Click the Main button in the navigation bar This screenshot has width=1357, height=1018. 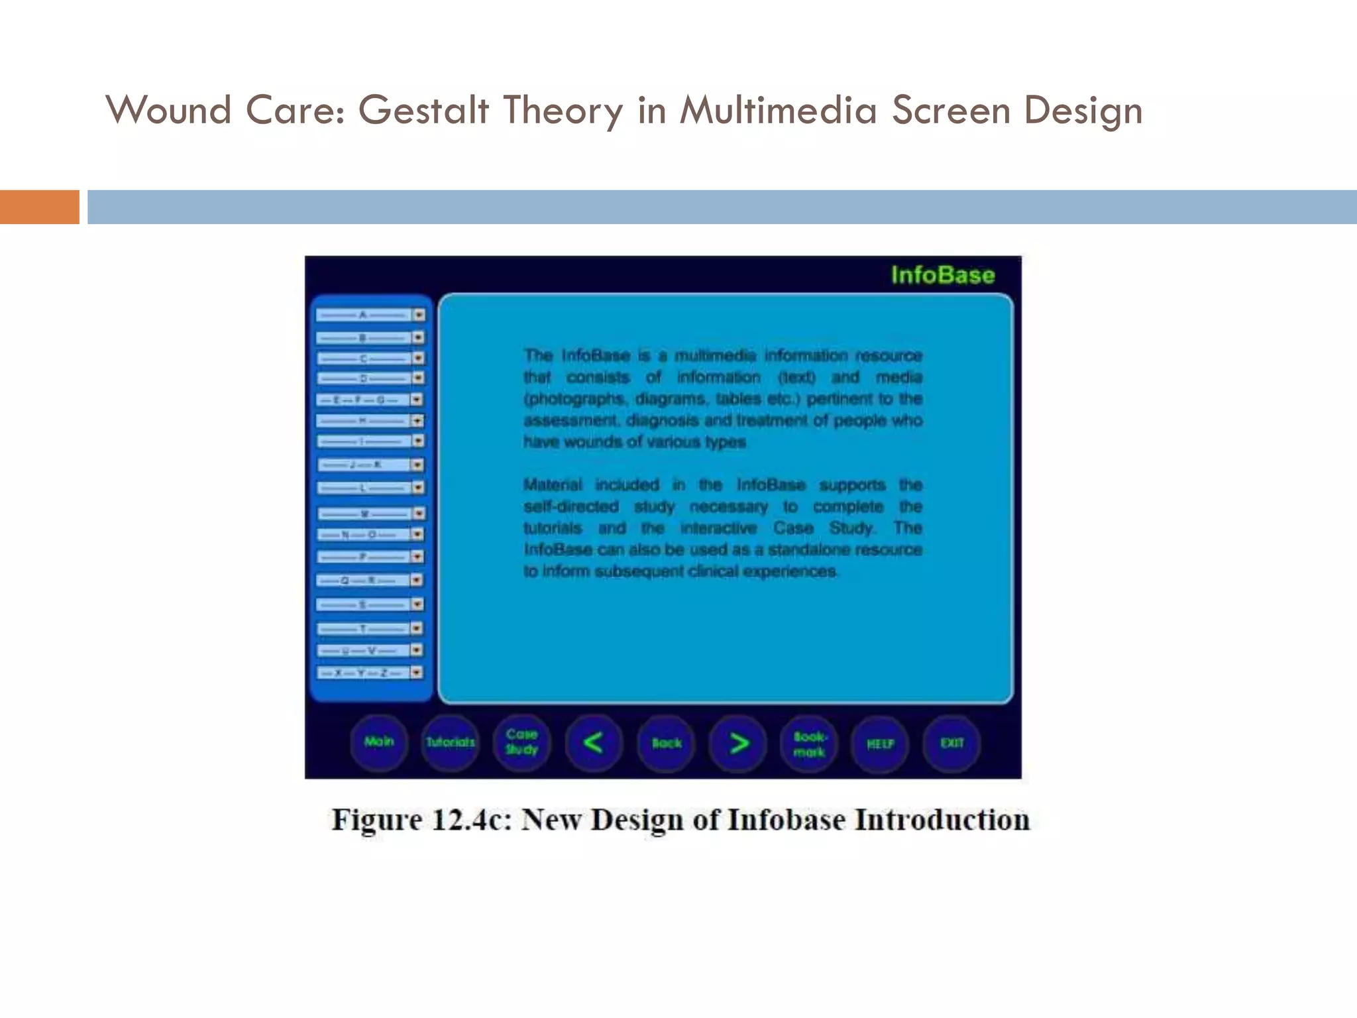(378, 742)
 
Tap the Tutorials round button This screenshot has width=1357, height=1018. (450, 743)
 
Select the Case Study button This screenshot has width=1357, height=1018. (521, 743)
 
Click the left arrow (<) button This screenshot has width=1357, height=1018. (593, 743)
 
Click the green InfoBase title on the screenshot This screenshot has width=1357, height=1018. (942, 275)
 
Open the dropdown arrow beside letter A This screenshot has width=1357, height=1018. (419, 315)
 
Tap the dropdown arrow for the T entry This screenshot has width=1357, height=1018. (417, 628)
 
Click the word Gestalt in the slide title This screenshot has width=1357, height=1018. (424, 110)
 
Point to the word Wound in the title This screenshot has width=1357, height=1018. (168, 110)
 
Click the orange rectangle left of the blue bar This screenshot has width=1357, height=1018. (39, 207)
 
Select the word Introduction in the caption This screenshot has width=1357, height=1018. (942, 820)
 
